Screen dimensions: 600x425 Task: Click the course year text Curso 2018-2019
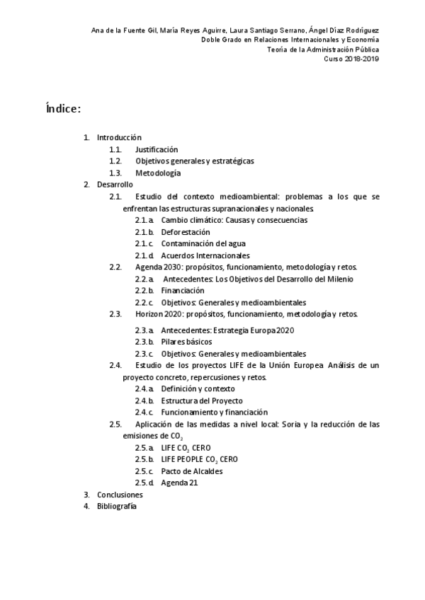point(352,59)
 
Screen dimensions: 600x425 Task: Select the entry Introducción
point(119,137)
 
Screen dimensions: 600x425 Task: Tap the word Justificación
point(157,149)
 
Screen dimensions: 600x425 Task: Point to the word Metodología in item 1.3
point(158,173)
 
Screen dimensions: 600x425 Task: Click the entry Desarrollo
point(115,184)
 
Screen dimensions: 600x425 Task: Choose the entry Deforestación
point(186,232)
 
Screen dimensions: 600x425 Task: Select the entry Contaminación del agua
point(203,243)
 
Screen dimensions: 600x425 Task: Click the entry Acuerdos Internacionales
point(205,255)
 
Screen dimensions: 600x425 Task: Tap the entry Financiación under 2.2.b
point(183,290)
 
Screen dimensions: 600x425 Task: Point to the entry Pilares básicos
point(186,342)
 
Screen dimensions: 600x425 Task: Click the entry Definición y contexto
point(198,388)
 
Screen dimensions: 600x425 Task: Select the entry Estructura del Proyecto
point(202,400)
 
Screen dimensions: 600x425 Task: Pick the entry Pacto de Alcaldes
point(192,471)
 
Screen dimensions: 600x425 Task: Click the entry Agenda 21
point(179,483)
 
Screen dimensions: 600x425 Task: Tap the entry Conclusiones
point(120,495)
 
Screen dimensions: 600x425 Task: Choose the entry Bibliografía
point(117,506)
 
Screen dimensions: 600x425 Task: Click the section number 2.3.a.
point(144,330)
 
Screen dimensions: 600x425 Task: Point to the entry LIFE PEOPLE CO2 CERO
point(199,459)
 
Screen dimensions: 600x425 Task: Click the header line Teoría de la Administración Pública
point(322,50)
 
